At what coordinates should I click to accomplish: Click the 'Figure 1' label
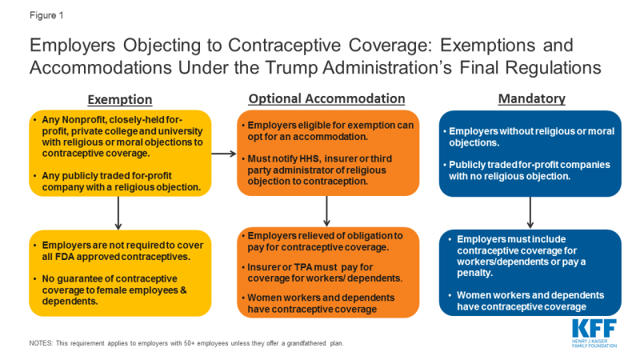coord(46,15)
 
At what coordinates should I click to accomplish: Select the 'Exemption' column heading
coord(120,99)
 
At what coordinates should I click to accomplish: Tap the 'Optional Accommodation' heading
coord(326,98)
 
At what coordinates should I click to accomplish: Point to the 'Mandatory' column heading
coord(532,98)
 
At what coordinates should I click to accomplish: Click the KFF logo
coord(594,333)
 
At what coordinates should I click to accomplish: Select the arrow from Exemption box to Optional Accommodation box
coord(224,154)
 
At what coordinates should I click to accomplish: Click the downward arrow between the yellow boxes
coord(118,213)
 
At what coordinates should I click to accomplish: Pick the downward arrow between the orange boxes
coord(326,211)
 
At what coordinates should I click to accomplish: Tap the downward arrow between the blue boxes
coord(530,213)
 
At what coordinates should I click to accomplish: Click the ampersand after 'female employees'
coord(183,290)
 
